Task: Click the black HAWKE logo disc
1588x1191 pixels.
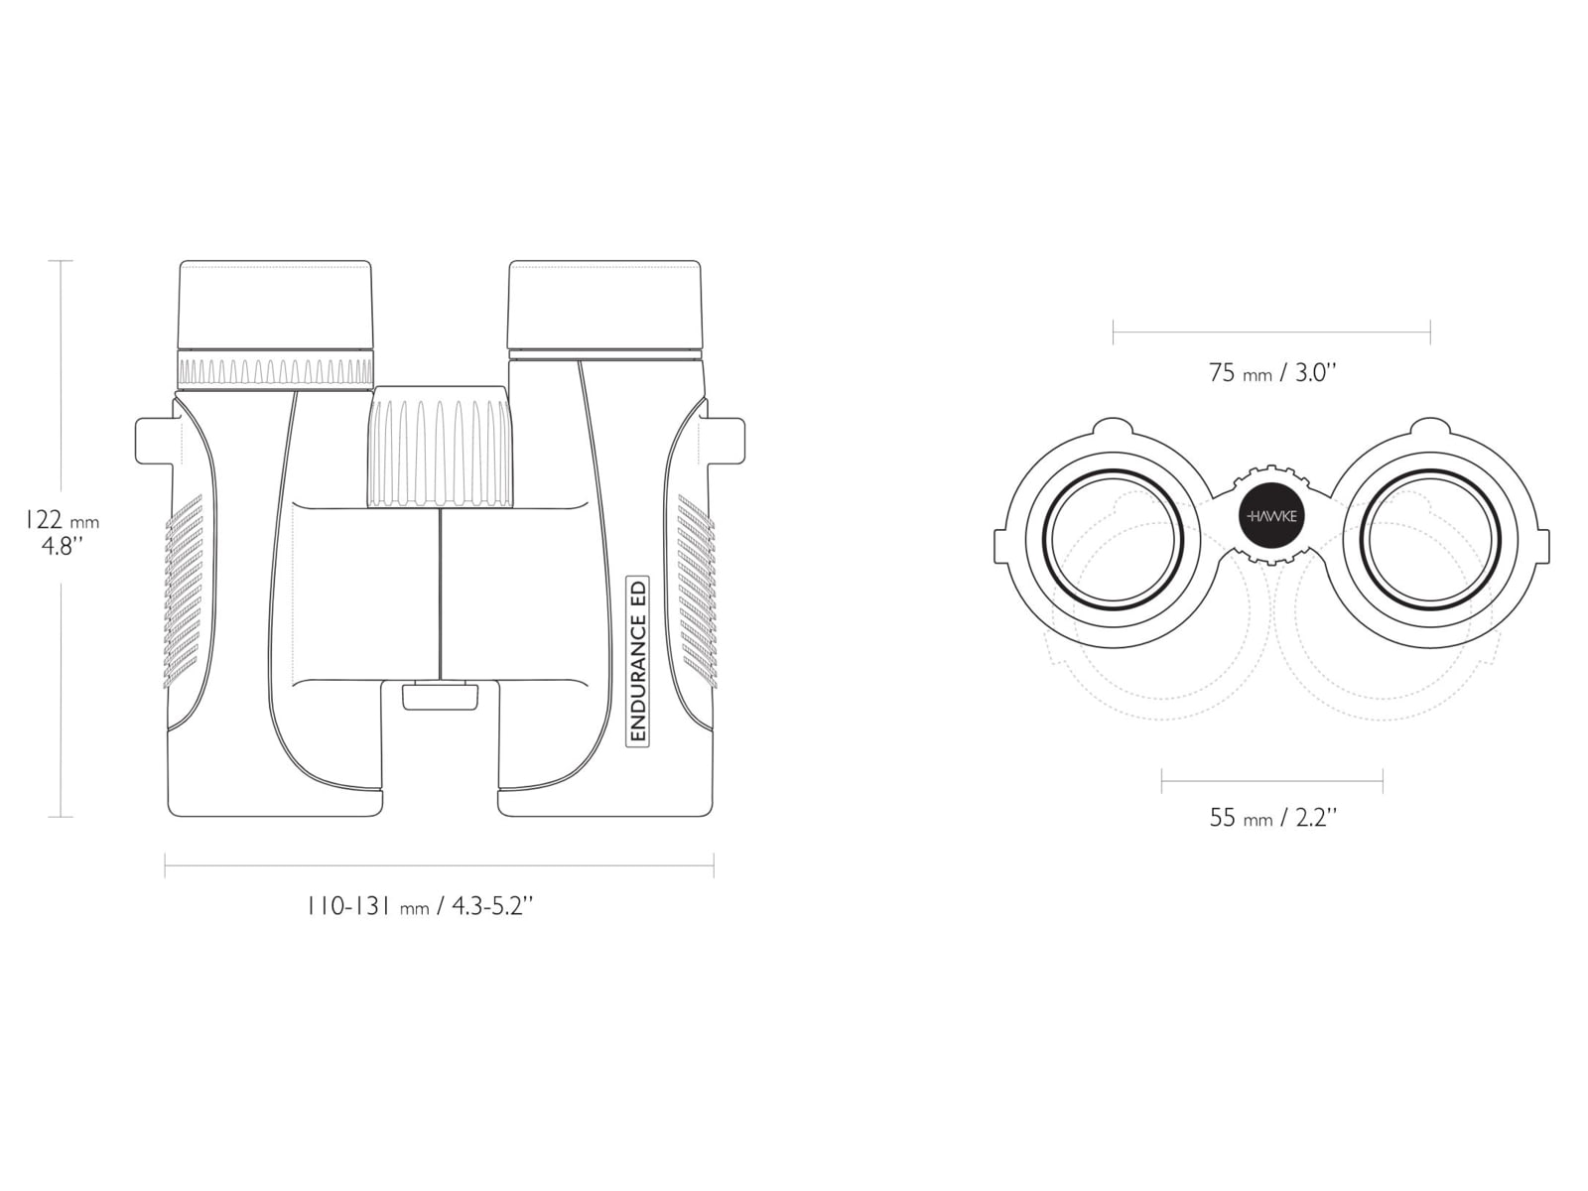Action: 1271,516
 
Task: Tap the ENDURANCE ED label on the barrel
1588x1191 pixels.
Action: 638,660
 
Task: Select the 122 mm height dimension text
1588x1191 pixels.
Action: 63,521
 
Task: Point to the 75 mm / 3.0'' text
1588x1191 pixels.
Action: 1271,372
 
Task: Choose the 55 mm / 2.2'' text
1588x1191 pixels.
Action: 1272,817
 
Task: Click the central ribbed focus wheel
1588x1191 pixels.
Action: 441,447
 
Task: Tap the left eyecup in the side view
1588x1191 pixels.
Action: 275,305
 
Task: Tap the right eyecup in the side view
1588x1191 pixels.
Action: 604,305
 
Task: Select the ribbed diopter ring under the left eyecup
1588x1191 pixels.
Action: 275,371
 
